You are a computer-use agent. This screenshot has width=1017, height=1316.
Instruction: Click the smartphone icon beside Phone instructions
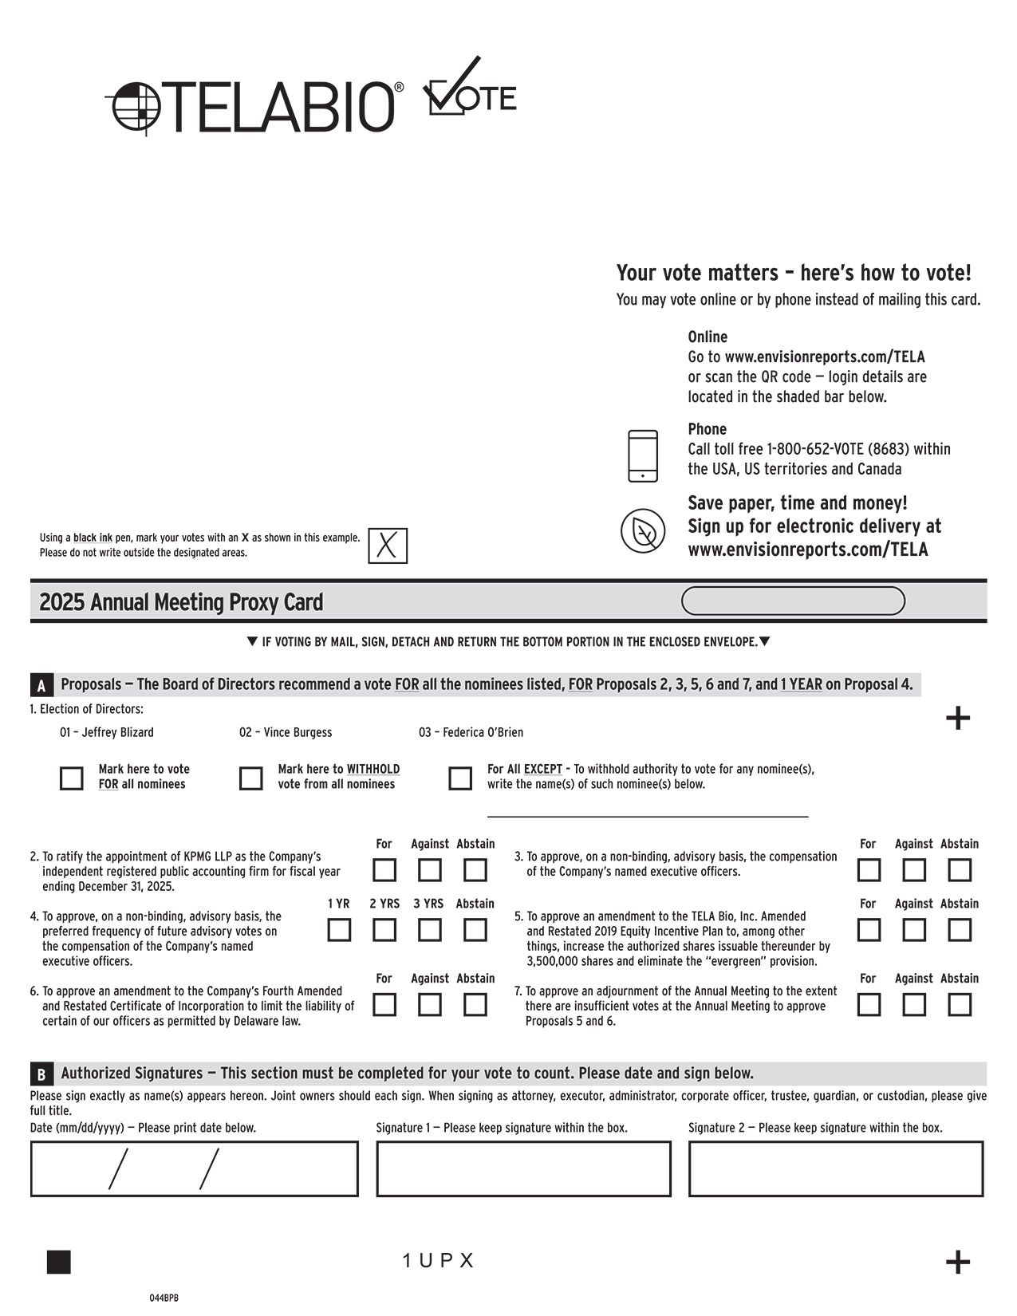[643, 455]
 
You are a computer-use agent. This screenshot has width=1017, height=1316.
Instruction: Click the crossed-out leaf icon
[643, 530]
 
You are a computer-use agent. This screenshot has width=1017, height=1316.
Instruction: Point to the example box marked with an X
[388, 546]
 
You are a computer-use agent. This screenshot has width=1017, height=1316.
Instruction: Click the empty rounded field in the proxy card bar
[793, 601]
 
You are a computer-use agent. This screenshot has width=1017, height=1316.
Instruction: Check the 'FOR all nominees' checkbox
[72, 778]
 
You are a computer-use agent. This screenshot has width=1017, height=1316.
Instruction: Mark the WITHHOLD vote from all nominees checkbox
[251, 778]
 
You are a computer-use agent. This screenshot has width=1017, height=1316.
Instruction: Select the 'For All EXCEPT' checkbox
[460, 778]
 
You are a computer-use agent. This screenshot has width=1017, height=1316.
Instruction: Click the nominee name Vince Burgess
[286, 732]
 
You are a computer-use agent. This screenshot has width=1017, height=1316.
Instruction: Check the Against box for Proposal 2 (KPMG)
[430, 869]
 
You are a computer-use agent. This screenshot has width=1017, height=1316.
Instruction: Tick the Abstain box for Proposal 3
[960, 869]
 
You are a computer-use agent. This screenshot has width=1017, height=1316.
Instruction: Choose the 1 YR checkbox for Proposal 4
[339, 929]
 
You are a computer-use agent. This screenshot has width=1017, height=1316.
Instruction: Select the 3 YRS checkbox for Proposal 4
[430, 929]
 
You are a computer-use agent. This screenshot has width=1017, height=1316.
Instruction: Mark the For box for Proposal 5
[869, 929]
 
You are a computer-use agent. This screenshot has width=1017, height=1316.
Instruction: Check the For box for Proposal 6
[384, 1004]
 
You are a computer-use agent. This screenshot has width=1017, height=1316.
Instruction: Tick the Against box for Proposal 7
[914, 1004]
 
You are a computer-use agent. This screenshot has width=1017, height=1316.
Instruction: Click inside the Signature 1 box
[523, 1168]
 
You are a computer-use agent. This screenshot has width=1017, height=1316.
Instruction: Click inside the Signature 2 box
[836, 1168]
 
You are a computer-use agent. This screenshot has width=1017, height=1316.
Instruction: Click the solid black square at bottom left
[59, 1262]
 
